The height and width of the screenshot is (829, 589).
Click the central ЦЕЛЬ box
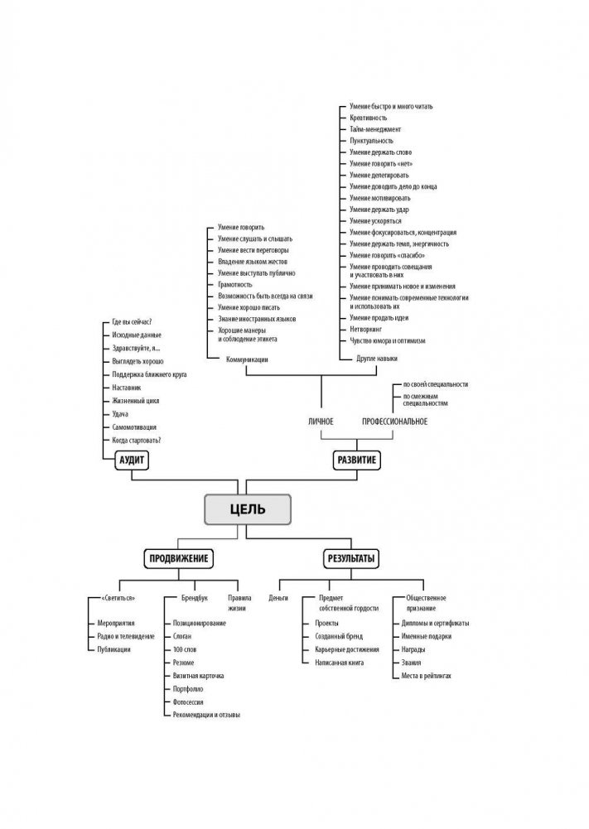coord(248,508)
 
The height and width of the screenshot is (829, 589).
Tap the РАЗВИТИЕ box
coord(358,460)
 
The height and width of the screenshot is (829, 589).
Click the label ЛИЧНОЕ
coord(321,422)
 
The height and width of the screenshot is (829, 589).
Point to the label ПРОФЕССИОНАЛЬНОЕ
coord(395,422)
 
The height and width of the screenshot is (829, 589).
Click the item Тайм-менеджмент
coord(375,130)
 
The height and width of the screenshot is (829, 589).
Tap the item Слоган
coord(183,635)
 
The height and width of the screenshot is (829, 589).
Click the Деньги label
coord(280,597)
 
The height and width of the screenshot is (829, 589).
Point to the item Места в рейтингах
coord(427,677)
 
